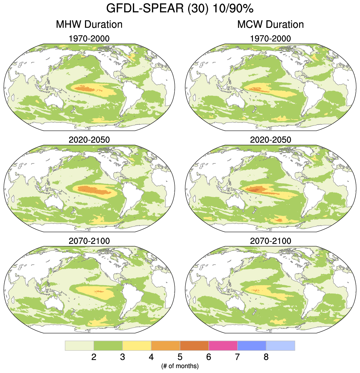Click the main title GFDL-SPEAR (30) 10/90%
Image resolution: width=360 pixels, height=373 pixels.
180,9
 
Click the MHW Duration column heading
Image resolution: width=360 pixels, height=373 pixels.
89,24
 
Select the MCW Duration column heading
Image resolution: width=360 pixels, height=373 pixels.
270,24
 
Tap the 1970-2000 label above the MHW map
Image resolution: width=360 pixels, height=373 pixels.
89,39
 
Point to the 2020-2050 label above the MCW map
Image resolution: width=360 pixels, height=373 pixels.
270,140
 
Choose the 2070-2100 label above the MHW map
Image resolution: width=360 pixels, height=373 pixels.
89,241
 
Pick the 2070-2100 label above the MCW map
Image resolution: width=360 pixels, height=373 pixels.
270,241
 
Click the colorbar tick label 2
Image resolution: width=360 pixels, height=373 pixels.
94,357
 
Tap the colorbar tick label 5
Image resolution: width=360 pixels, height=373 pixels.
180,357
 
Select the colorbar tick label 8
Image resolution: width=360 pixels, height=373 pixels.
266,357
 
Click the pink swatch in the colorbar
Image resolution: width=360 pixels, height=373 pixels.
223,345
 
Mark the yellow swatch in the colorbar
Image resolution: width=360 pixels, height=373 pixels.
137,345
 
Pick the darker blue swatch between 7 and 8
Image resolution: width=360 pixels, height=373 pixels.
252,345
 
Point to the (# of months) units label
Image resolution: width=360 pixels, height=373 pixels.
180,366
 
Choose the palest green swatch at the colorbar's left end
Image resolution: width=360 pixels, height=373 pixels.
80,345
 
